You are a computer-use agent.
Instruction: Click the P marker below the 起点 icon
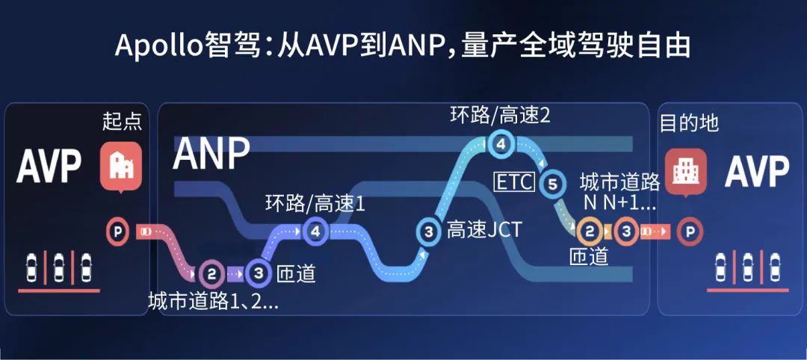point(118,232)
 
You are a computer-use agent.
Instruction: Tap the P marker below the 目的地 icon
point(689,232)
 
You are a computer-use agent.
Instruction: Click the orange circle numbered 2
point(590,232)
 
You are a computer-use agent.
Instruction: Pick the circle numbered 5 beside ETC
point(552,184)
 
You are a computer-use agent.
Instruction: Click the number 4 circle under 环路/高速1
point(315,232)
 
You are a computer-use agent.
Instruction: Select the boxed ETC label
point(514,182)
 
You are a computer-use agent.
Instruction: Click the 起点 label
point(122,122)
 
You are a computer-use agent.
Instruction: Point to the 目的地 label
point(689,124)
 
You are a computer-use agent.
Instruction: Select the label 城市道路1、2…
point(213,301)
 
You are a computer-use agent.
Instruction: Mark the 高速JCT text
point(484,230)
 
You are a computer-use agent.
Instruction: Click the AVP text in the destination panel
point(756,172)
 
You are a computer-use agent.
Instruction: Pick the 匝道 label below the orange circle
point(589,256)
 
